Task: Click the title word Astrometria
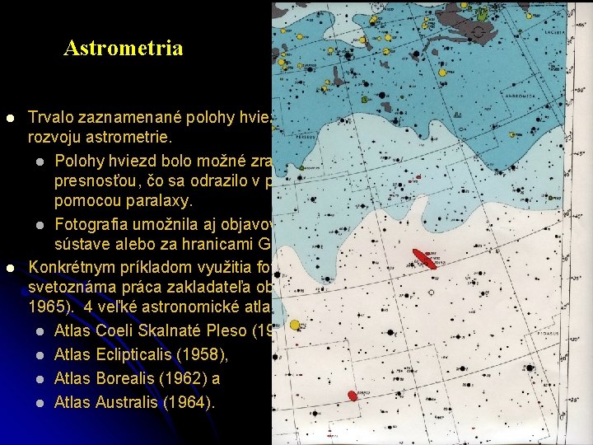point(123,48)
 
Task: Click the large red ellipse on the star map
point(425,259)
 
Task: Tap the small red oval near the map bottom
point(352,395)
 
